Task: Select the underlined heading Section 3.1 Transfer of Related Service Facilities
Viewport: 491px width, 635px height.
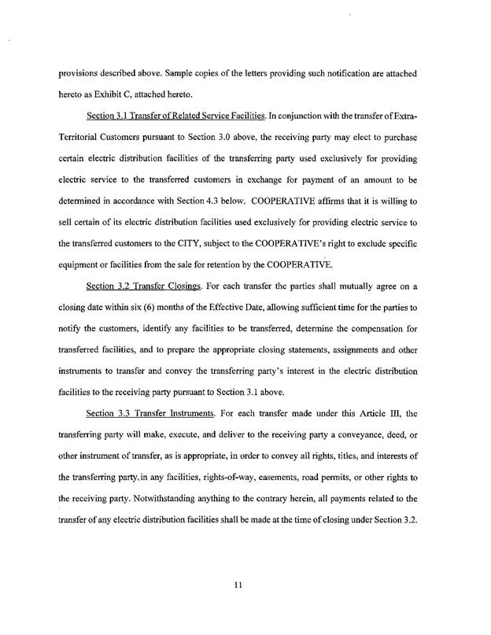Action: (x=176, y=117)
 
